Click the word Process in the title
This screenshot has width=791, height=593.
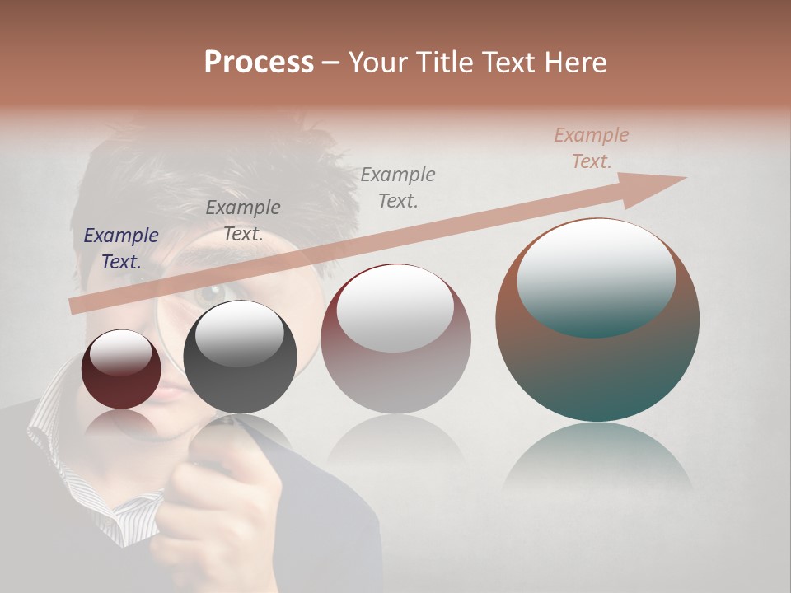tap(259, 63)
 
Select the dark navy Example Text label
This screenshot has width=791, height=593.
tap(121, 248)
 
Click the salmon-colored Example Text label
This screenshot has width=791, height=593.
tap(591, 148)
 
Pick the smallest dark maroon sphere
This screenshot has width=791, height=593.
tap(121, 370)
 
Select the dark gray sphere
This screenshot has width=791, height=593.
tap(240, 357)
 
